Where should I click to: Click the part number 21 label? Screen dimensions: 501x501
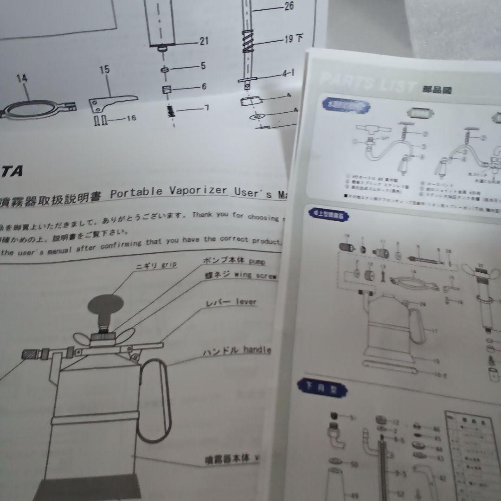pos(204,42)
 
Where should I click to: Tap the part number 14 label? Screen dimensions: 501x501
pos(22,78)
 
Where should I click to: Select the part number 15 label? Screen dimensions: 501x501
pos(104,70)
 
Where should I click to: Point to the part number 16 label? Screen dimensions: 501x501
pos(131,118)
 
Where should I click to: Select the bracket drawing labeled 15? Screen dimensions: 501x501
pos(111,101)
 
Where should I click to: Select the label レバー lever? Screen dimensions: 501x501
pos(231,302)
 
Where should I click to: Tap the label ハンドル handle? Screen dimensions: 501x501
pos(237,351)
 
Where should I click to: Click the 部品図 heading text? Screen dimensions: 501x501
pos(437,90)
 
